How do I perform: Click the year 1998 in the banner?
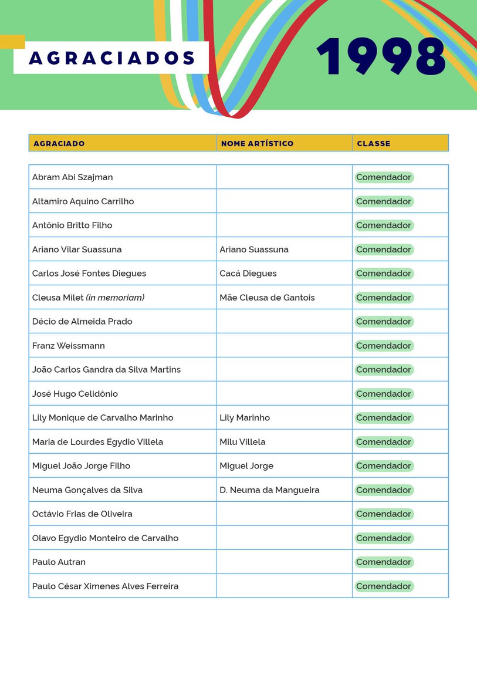point(381,56)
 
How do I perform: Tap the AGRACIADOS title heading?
point(111,58)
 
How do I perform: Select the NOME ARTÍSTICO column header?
point(257,143)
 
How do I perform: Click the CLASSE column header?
point(373,143)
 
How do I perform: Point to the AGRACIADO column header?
point(59,143)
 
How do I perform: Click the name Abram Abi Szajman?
point(72,177)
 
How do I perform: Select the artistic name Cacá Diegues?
point(248,274)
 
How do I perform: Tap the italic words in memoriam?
point(115,298)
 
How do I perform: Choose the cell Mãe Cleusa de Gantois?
point(267,298)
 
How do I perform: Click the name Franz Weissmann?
point(68,346)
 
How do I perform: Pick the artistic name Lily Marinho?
point(245,418)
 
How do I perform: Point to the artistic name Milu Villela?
point(242,442)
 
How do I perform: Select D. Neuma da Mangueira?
point(269,490)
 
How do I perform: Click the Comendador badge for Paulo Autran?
point(384,562)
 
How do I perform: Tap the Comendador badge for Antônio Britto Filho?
point(384,225)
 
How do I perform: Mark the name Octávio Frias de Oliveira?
point(82,514)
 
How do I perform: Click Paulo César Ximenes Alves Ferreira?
point(105,586)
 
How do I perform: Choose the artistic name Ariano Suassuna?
point(254,249)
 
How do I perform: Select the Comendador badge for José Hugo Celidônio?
point(384,394)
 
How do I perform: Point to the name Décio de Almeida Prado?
point(82,322)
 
